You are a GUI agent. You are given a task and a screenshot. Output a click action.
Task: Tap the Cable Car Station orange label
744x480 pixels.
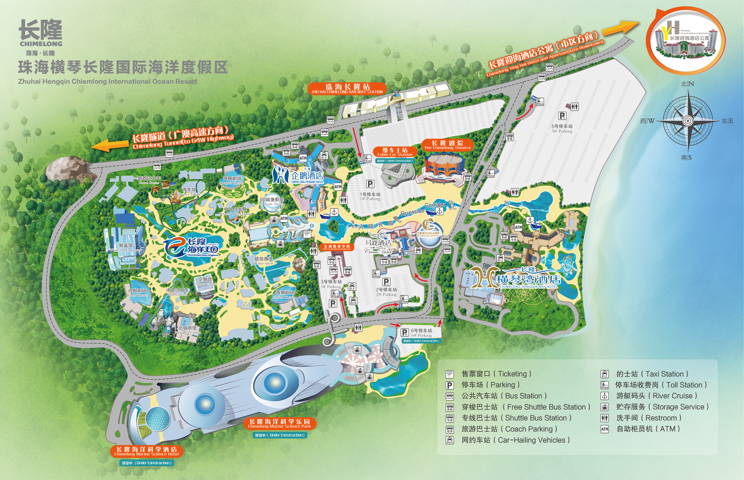tap(395, 152)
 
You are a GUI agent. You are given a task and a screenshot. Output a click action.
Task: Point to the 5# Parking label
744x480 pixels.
tap(562, 128)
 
